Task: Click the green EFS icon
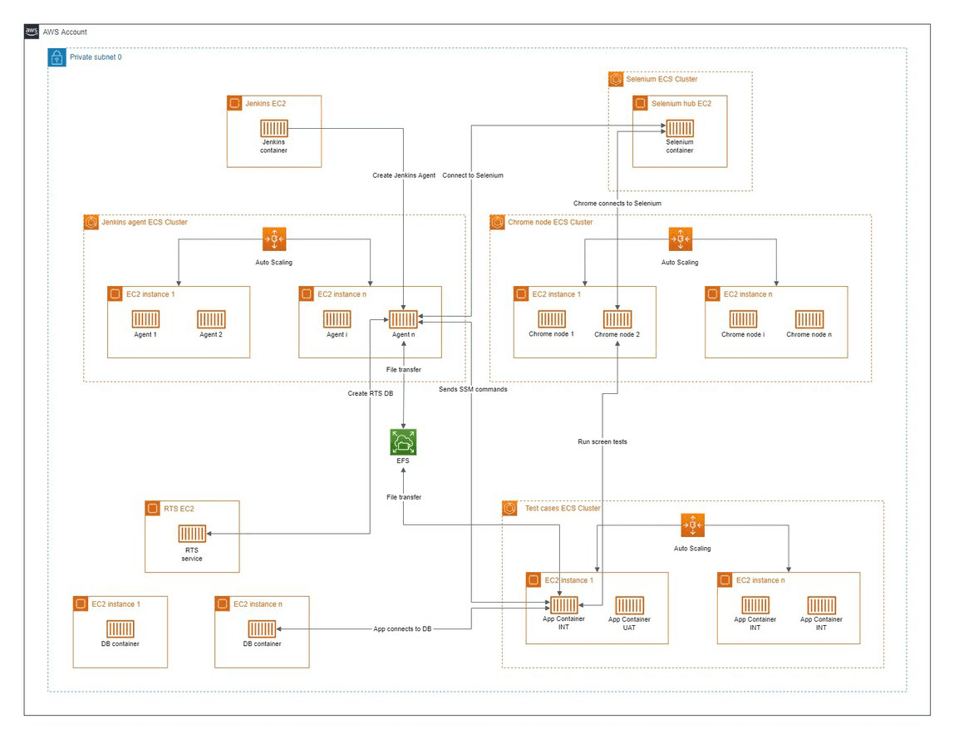pyautogui.click(x=403, y=442)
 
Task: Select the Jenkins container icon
pyautogui.click(x=273, y=129)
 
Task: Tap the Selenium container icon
pyautogui.click(x=679, y=129)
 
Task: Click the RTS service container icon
pyautogui.click(x=191, y=535)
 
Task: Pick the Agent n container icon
pyautogui.click(x=403, y=319)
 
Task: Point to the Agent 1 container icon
pyautogui.click(x=145, y=319)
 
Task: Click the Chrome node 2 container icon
pyautogui.click(x=617, y=319)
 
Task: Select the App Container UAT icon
pyautogui.click(x=629, y=605)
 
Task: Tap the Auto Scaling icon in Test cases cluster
pyautogui.click(x=692, y=525)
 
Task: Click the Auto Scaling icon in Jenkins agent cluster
pyautogui.click(x=274, y=239)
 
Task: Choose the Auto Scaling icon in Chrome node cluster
pyautogui.click(x=680, y=239)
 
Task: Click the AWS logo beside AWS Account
pyautogui.click(x=32, y=32)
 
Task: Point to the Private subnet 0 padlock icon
pyautogui.click(x=57, y=57)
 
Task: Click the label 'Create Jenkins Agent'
pyautogui.click(x=403, y=175)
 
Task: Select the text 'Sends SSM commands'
pyautogui.click(x=473, y=389)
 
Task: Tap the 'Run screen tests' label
pyautogui.click(x=602, y=441)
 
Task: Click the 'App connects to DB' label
pyautogui.click(x=402, y=629)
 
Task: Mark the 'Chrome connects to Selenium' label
pyautogui.click(x=617, y=203)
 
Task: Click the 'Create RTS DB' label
pyautogui.click(x=370, y=392)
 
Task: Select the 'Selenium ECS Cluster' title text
pyautogui.click(x=661, y=80)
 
